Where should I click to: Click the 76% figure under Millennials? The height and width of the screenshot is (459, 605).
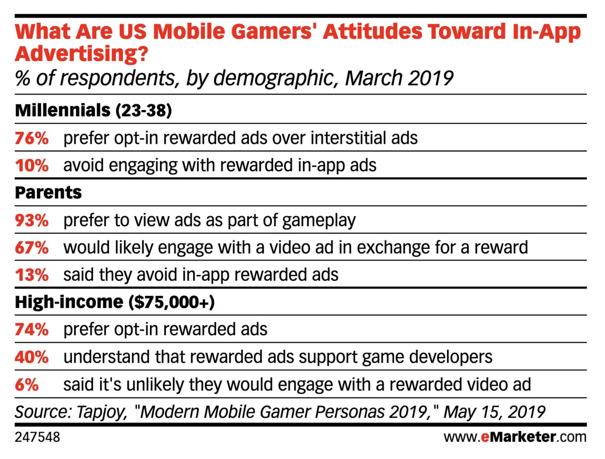[x=31, y=138]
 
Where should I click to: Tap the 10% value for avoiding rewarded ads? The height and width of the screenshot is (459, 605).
[x=31, y=166]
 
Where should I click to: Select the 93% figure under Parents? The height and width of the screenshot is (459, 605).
[x=31, y=220]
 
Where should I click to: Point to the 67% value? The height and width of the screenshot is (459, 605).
[x=31, y=247]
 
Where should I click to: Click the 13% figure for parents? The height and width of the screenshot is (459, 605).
[x=31, y=275]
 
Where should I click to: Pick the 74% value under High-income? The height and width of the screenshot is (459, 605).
[x=31, y=330]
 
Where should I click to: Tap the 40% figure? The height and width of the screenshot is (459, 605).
[x=31, y=357]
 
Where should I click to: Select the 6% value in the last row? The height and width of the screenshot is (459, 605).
[x=27, y=384]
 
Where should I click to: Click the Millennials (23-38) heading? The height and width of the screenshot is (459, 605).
[x=94, y=110]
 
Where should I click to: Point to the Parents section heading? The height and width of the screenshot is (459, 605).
[x=48, y=193]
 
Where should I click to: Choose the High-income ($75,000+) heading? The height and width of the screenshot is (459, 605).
[x=115, y=302]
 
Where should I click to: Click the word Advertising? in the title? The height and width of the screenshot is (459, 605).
[x=81, y=54]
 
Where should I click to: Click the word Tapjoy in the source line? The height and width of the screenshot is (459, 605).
[x=102, y=412]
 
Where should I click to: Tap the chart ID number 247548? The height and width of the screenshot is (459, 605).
[x=37, y=437]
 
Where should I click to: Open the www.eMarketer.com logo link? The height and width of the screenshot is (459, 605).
[x=515, y=437]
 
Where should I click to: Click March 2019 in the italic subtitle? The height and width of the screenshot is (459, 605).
[x=399, y=78]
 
